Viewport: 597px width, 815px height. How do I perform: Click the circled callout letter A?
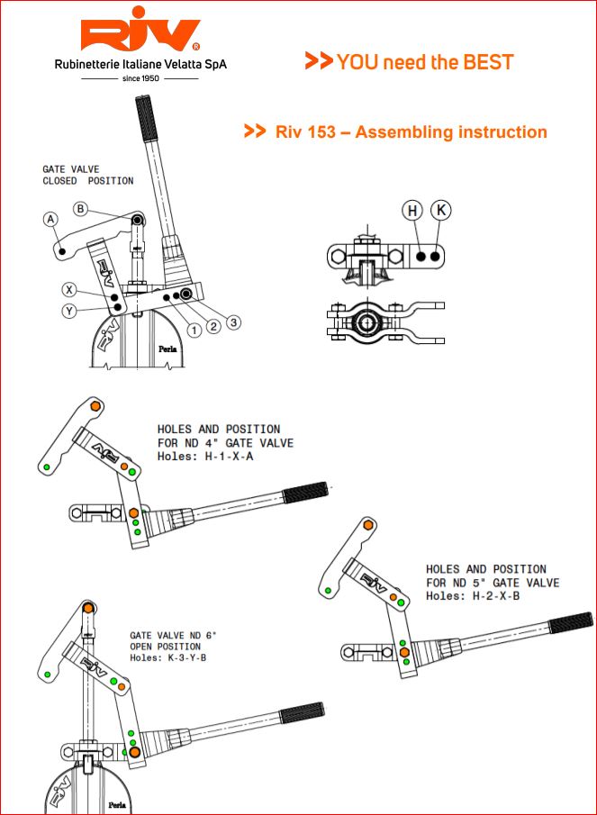coord(50,219)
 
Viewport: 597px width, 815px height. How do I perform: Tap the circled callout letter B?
coord(80,209)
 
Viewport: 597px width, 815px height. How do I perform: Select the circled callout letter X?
coord(68,290)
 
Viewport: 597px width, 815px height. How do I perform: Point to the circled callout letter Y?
coord(68,312)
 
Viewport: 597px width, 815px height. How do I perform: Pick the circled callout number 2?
coord(213,326)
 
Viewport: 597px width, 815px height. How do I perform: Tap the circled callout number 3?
coord(234,321)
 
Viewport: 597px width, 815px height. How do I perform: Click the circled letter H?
coord(412,211)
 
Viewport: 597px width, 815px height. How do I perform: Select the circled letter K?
coord(440,211)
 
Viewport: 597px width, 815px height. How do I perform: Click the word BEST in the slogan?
coord(488,62)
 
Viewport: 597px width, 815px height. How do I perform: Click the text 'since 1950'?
coord(140,78)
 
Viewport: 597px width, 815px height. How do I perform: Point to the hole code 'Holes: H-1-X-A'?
coord(206,457)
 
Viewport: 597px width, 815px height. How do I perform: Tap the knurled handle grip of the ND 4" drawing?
coord(305,494)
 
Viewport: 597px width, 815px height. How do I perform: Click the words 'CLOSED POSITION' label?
coord(88,181)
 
